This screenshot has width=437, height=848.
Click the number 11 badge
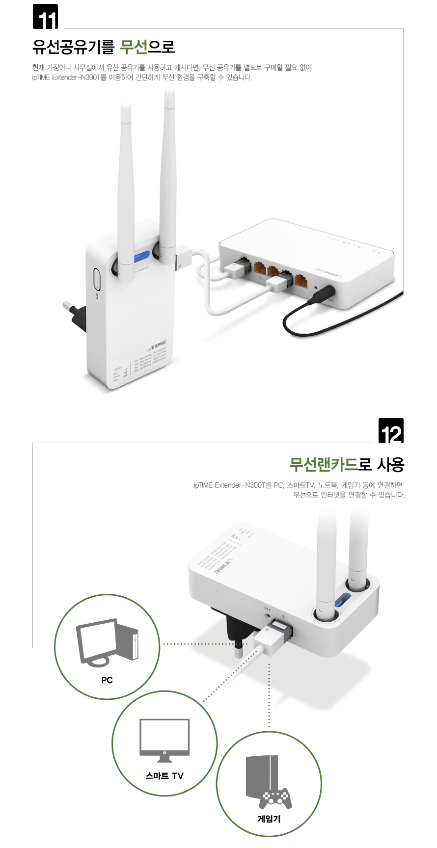45,17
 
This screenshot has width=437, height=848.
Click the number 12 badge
391,431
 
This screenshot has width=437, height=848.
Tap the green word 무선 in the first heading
134,47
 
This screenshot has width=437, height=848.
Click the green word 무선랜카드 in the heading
323,464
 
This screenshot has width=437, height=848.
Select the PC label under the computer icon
107,680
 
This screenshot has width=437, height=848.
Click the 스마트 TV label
164,775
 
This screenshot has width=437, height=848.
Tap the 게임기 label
269,819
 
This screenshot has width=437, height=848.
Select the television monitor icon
164,740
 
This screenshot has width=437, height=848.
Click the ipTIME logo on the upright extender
157,345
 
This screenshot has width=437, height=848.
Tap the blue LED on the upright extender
143,257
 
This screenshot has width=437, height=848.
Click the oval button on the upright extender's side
96,279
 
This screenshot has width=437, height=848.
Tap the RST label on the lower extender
267,609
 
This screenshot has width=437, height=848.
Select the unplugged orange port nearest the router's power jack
301,282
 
